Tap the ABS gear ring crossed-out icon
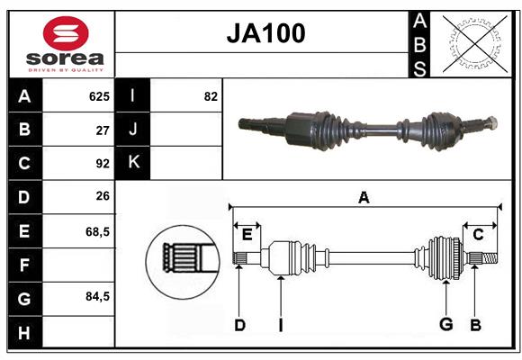coord(473,43)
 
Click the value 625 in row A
coord(98,96)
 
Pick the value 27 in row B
coord(102,130)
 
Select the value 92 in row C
coord(102,164)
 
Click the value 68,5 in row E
coord(97,231)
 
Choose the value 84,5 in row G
coord(97,296)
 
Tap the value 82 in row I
coord(211,96)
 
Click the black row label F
coord(24,265)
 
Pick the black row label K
coord(133,163)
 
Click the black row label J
coord(133,130)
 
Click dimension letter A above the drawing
coord(364,197)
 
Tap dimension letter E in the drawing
coord(247,235)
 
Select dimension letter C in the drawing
coord(478,235)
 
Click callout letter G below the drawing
coord(445,325)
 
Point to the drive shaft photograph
coord(366,130)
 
